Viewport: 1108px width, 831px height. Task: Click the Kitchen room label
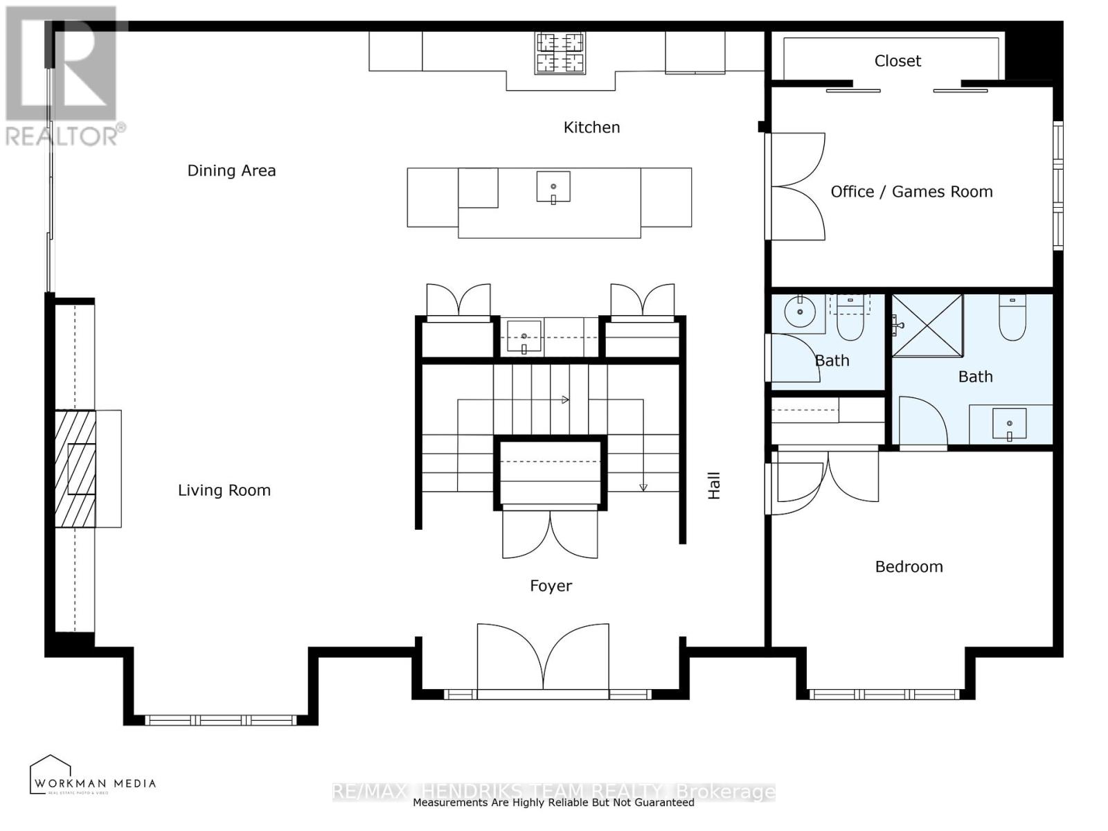[x=591, y=127]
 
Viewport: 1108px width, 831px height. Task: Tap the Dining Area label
[x=231, y=171]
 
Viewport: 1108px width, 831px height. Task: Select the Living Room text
[x=224, y=490]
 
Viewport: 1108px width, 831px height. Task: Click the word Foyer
[x=551, y=586]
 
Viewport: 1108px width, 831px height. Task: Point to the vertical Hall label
[x=714, y=485]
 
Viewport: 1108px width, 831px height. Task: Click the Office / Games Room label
[x=911, y=192]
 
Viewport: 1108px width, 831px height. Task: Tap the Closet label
[x=897, y=61]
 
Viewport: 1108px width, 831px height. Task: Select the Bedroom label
[x=909, y=567]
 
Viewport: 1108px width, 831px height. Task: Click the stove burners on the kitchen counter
[x=560, y=53]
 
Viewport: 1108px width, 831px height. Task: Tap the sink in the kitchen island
[x=553, y=188]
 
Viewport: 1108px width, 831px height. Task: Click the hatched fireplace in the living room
[x=75, y=468]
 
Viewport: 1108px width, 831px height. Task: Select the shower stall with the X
[x=927, y=325]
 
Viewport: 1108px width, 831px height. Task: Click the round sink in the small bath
[x=800, y=312]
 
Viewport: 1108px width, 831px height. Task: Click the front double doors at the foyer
[x=543, y=658]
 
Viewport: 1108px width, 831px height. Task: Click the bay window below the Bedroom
[x=884, y=694]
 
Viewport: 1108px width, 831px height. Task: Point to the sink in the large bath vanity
[x=1009, y=424]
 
